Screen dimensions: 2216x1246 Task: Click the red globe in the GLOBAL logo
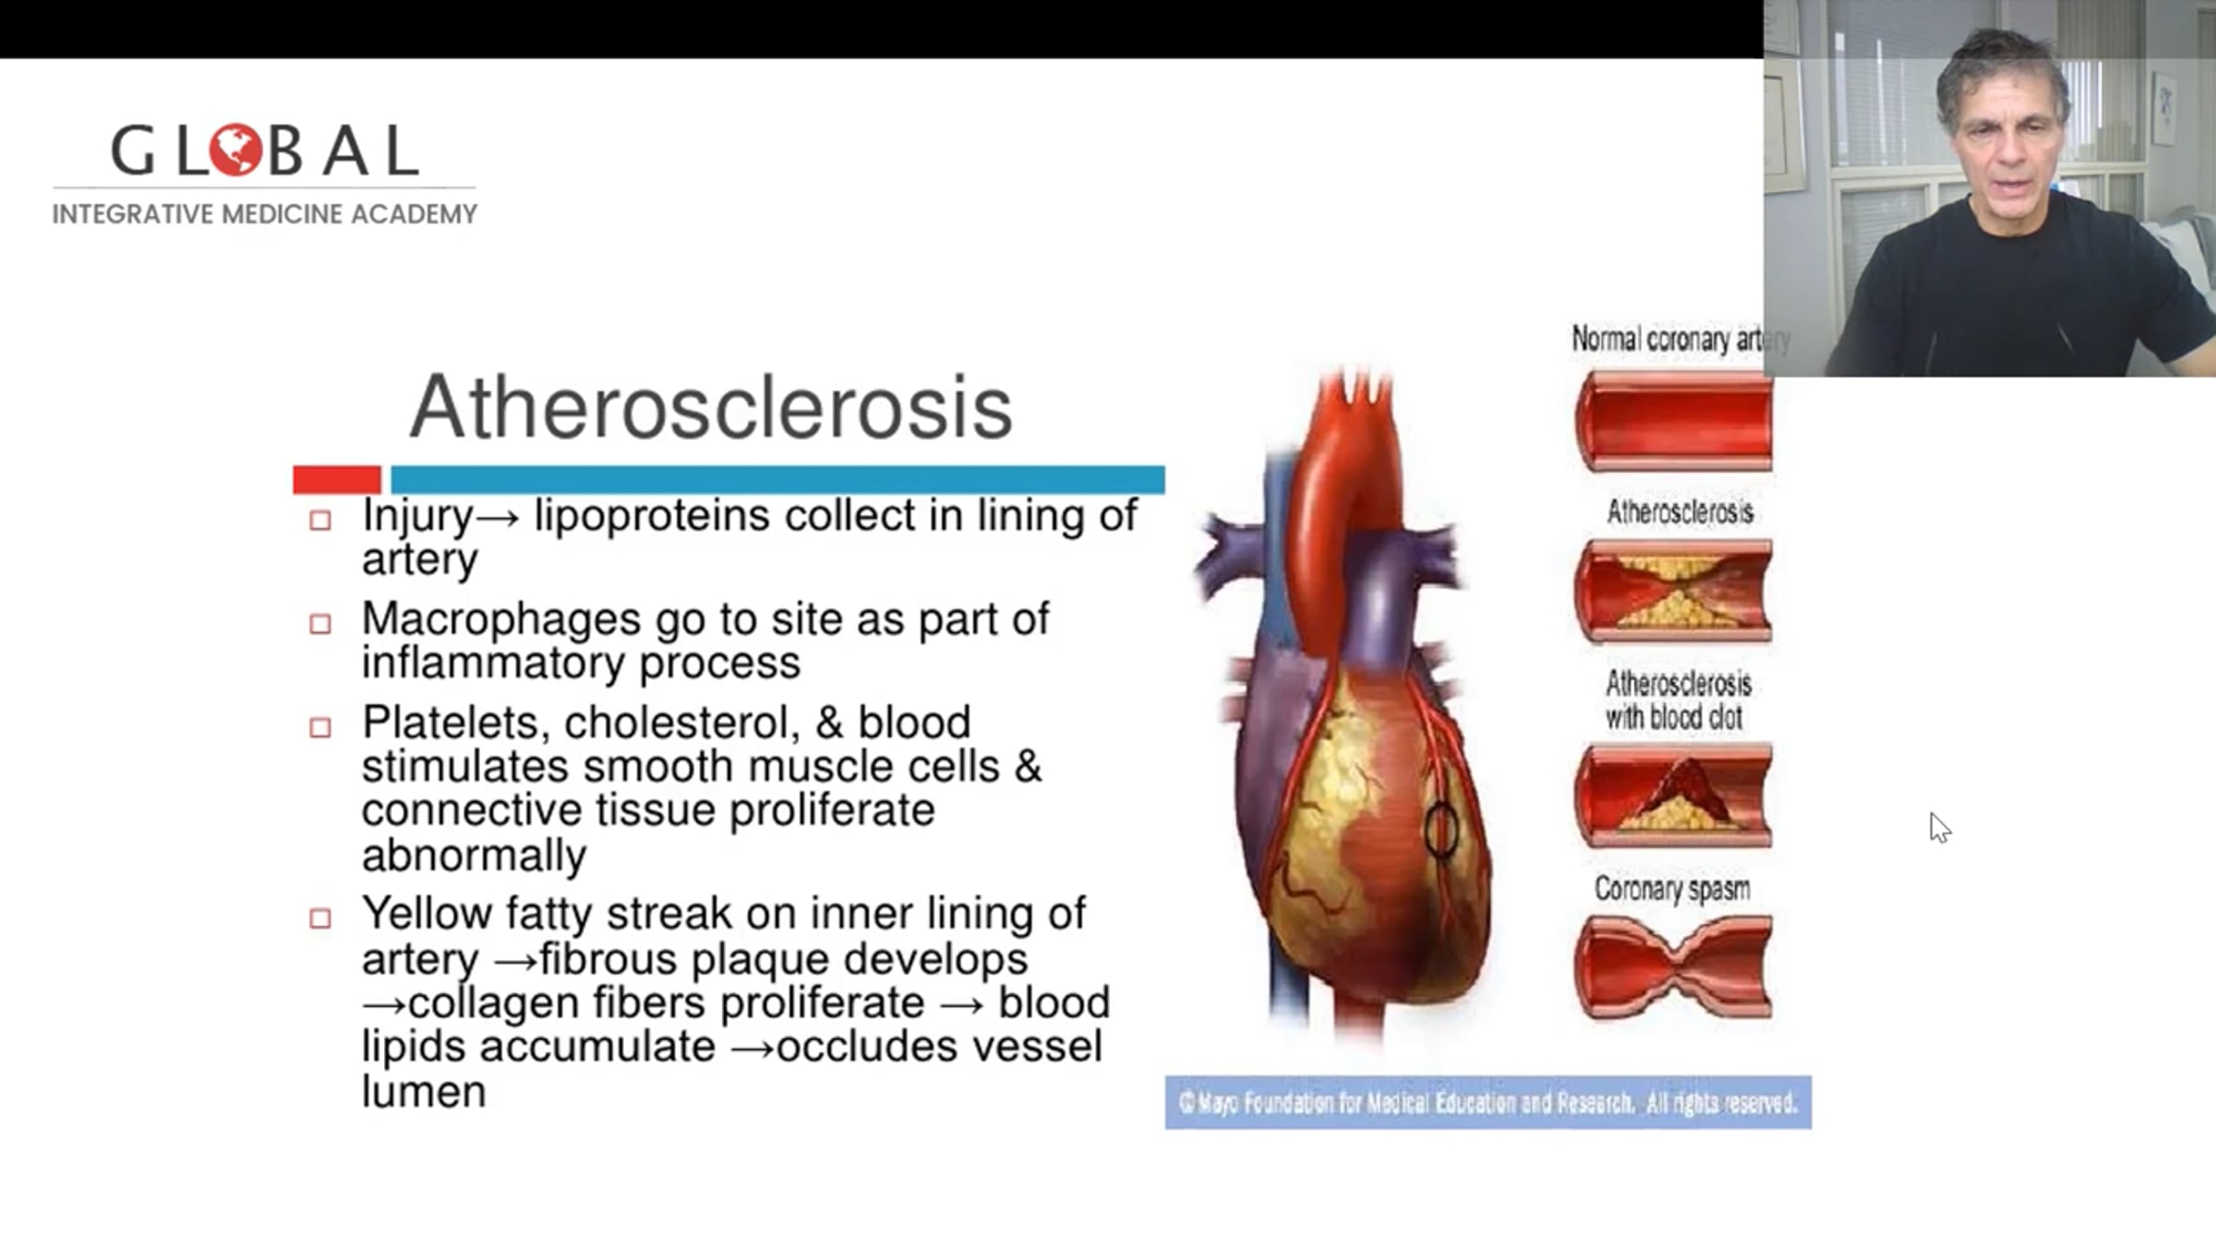(x=236, y=150)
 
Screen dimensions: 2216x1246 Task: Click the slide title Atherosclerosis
(x=711, y=407)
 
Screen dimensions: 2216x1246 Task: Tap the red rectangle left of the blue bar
(x=337, y=479)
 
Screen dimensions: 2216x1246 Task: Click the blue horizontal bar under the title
(x=777, y=479)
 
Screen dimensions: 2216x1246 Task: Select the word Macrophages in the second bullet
(x=500, y=618)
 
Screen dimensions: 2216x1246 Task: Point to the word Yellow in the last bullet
(x=428, y=913)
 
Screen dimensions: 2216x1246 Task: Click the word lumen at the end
(x=424, y=1092)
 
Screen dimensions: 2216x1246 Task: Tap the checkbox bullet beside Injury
(x=320, y=521)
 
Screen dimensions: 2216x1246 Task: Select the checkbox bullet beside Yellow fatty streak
(x=320, y=918)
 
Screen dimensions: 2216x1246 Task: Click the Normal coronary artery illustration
(x=1673, y=422)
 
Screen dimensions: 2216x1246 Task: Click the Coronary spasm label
(x=1672, y=889)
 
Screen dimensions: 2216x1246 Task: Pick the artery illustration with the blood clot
(x=1673, y=796)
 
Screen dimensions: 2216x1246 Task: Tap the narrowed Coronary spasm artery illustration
(x=1673, y=966)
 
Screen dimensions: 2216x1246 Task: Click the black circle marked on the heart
(x=1441, y=831)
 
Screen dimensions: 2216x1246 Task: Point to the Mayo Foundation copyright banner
(x=1487, y=1102)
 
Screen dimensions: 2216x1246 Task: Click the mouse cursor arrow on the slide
(x=1939, y=827)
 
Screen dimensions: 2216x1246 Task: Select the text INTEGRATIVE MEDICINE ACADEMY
(x=265, y=214)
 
